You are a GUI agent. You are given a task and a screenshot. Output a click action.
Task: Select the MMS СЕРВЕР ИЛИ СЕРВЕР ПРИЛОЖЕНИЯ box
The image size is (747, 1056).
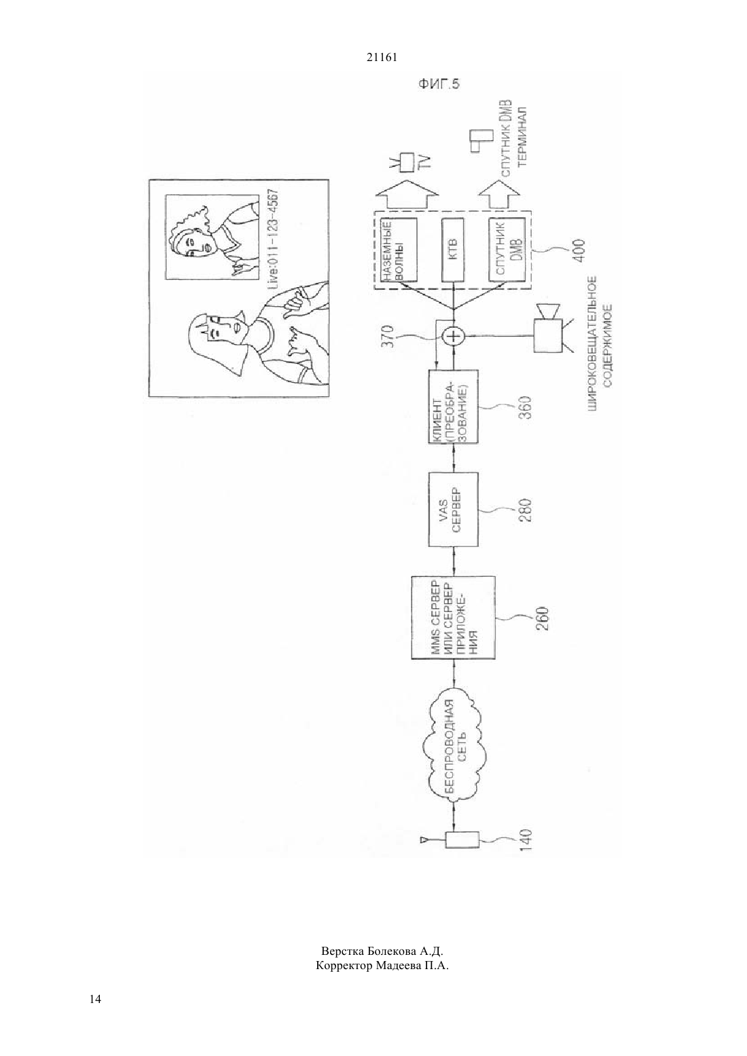(x=453, y=617)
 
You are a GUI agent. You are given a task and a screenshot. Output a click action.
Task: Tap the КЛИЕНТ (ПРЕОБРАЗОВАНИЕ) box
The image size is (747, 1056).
(x=453, y=406)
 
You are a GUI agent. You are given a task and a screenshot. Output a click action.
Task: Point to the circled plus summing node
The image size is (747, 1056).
(x=453, y=336)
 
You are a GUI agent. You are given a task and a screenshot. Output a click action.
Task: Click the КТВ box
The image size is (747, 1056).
(x=453, y=250)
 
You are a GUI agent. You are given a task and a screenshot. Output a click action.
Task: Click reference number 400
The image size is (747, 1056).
(x=579, y=251)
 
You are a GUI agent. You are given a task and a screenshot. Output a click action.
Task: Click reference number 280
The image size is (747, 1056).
(x=526, y=510)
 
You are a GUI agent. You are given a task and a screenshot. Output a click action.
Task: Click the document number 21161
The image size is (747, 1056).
(x=382, y=58)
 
